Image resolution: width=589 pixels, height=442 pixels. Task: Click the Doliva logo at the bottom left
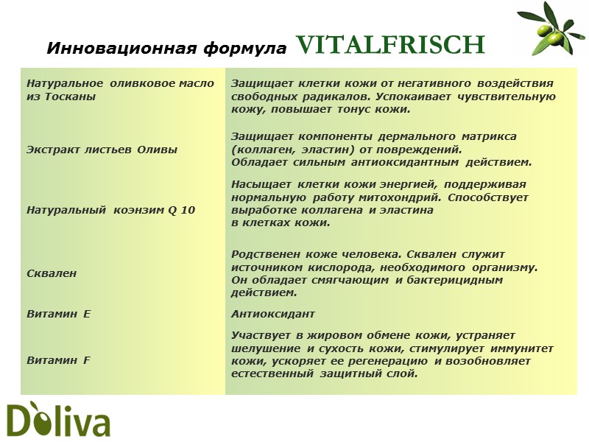(x=58, y=420)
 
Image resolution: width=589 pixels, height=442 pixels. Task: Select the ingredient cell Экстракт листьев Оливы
(x=102, y=150)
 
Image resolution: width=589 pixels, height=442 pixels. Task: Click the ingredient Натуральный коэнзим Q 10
(x=110, y=210)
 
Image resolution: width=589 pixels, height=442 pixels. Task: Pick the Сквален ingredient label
(x=52, y=273)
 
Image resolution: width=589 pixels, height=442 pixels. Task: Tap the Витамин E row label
(x=58, y=314)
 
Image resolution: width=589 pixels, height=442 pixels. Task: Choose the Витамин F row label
(x=58, y=360)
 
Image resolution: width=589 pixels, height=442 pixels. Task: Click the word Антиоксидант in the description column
(x=272, y=314)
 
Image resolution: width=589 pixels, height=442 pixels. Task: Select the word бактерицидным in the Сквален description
(x=456, y=280)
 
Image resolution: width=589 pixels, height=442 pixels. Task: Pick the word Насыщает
(x=261, y=185)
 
